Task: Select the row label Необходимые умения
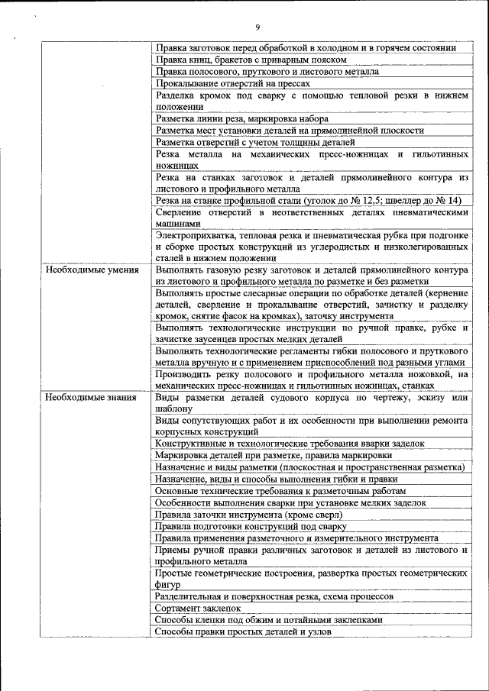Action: tap(92, 270)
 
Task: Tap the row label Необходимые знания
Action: tap(91, 397)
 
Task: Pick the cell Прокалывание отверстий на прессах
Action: tap(233, 83)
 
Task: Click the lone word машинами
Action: tap(178, 224)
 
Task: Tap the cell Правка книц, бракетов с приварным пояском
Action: tap(251, 60)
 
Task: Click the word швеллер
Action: tap(403, 200)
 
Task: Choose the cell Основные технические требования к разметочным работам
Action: tap(280, 491)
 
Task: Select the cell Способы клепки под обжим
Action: tap(267, 620)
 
